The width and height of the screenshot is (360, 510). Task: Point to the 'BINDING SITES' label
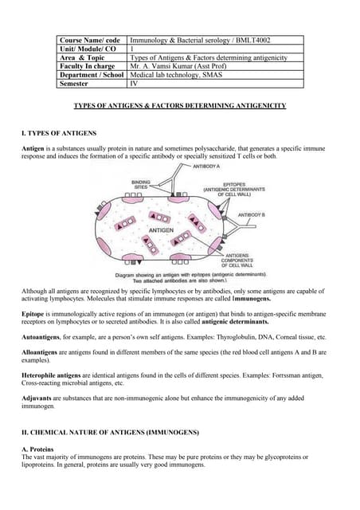[141, 184]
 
